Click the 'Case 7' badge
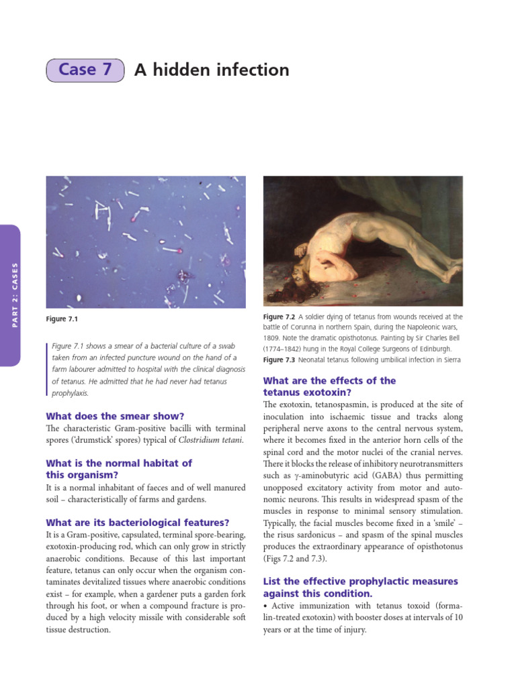(85, 70)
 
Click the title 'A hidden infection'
(212, 70)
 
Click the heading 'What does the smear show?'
(114, 416)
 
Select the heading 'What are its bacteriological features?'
(137, 522)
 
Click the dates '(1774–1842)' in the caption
(288, 349)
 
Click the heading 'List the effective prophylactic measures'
(360, 580)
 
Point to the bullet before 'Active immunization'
(265, 606)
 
